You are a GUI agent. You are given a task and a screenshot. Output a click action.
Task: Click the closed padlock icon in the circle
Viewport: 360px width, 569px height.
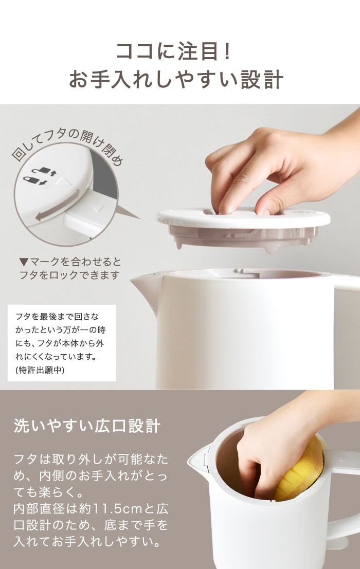coord(32,181)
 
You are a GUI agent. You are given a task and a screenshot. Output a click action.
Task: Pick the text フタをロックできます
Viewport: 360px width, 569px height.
coord(69,275)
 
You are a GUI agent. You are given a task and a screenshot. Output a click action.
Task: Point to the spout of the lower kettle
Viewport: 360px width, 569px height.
coord(197,457)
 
